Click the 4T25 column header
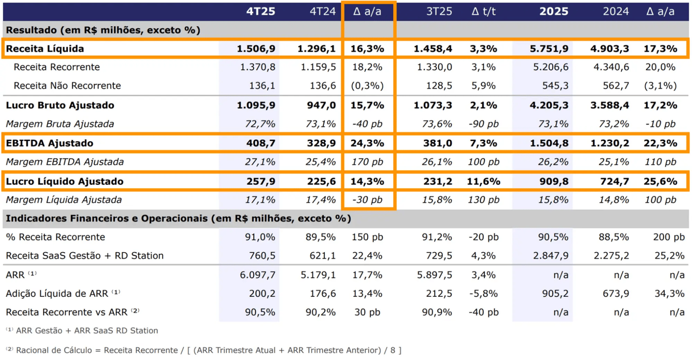(x=261, y=11)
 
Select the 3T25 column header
(x=439, y=11)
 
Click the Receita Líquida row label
(x=45, y=49)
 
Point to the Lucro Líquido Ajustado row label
(x=65, y=181)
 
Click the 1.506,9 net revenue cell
(x=256, y=49)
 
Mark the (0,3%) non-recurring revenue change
(x=367, y=86)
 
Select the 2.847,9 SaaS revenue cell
(x=551, y=256)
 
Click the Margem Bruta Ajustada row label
(x=60, y=124)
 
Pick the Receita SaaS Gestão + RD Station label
(x=85, y=256)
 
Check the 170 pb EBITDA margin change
(x=368, y=162)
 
